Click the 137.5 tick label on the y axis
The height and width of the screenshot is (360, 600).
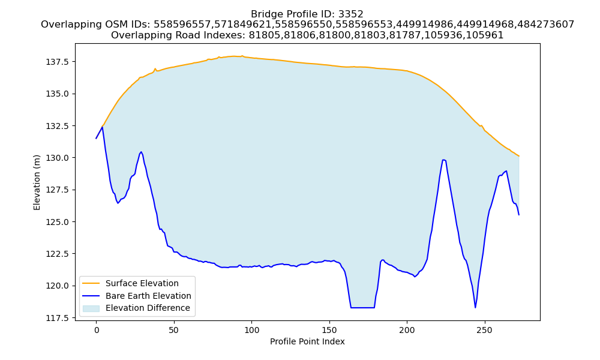point(58,62)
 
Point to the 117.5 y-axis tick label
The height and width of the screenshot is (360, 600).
point(58,318)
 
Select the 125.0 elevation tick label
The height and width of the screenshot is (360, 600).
point(58,222)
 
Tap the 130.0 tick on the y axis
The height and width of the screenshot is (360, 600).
point(58,158)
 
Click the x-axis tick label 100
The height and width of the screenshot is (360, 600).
point(251,330)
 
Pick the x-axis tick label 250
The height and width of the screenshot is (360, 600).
point(484,330)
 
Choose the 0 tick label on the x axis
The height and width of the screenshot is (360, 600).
point(96,330)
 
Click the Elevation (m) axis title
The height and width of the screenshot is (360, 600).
point(37,182)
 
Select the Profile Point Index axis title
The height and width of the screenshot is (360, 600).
point(307,341)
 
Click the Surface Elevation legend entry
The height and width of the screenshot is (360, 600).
point(142,283)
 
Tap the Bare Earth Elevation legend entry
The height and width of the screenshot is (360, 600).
point(148,296)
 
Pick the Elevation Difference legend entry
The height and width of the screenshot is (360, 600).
point(148,308)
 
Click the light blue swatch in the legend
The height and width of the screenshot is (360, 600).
point(91,308)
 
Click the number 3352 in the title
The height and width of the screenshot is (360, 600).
point(350,14)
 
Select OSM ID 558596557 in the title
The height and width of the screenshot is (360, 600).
point(182,25)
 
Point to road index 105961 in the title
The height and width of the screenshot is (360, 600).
point(485,35)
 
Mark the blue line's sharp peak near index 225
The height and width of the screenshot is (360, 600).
point(444,160)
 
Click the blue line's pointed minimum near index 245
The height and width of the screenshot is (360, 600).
point(475,308)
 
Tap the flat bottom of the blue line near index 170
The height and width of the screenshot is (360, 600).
point(362,308)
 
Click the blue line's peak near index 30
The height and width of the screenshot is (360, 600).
point(141,152)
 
